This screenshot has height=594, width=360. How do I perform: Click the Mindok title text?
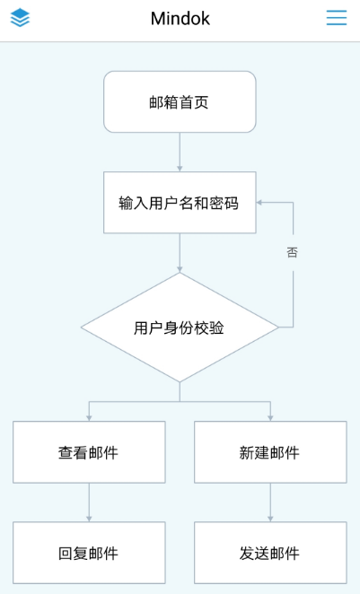click(180, 18)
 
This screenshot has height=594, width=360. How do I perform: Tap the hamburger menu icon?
click(337, 18)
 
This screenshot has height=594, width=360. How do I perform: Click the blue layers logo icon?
click(20, 18)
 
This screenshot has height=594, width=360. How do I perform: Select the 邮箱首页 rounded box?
click(180, 102)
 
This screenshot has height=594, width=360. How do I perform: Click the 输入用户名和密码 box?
click(180, 202)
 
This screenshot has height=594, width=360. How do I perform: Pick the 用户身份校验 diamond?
click(180, 328)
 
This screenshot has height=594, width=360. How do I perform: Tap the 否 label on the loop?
click(292, 252)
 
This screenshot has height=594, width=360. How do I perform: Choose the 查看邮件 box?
click(89, 452)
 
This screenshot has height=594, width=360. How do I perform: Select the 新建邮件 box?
click(270, 452)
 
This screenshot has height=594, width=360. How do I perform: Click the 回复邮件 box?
click(89, 553)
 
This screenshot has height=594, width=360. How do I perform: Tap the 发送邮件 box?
click(270, 553)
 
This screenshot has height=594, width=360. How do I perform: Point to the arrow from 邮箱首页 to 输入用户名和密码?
click(180, 152)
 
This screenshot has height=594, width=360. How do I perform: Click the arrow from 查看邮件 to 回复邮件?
click(89, 502)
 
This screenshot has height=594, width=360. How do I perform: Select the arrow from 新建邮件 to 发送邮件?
click(270, 502)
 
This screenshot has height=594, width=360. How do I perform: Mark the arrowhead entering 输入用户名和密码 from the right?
click(259, 202)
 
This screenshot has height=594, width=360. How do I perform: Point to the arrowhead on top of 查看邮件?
click(89, 418)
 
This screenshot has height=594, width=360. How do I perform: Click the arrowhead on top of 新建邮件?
click(270, 418)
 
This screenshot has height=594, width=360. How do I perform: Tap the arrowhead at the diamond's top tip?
click(180, 270)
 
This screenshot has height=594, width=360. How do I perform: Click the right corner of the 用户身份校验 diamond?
click(278, 328)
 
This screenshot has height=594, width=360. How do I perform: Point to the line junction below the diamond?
click(180, 401)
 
